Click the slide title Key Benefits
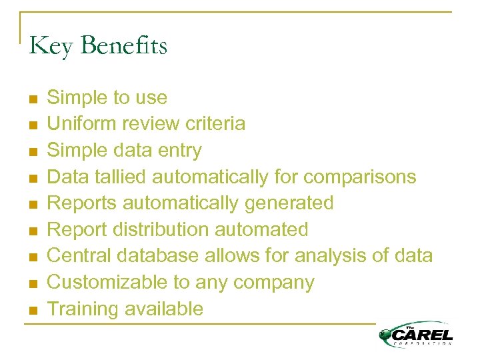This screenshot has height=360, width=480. click(98, 47)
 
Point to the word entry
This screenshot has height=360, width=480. click(179, 151)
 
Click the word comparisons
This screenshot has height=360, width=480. click(359, 177)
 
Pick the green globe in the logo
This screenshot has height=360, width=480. click(386, 337)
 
